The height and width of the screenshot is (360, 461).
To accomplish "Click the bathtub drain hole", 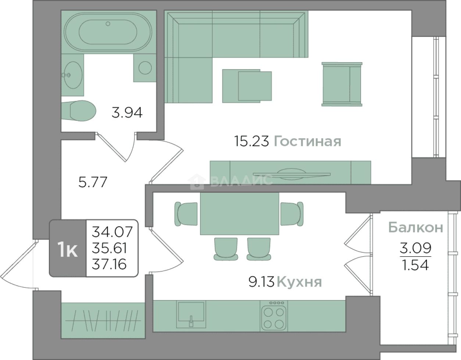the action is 108,24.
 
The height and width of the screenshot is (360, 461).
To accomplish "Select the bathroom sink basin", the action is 73,75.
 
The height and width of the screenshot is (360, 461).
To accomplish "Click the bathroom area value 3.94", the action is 127,113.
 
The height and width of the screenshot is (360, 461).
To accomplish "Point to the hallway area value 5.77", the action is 93,182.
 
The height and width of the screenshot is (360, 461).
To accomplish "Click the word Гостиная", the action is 308,141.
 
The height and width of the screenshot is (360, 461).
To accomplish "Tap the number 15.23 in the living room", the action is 251,141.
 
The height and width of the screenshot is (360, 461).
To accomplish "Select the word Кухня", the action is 300,282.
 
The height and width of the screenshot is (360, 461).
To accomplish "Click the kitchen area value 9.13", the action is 261,282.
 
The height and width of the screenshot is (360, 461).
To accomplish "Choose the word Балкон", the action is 416,228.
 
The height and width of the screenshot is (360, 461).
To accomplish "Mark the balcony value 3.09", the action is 415,248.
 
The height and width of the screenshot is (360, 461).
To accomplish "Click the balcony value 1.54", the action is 416,265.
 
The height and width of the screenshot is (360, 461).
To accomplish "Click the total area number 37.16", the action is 109,264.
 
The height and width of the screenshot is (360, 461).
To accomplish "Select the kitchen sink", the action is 191,314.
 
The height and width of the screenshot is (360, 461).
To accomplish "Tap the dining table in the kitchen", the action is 240,213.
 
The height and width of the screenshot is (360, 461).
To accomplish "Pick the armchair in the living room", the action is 342,84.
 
